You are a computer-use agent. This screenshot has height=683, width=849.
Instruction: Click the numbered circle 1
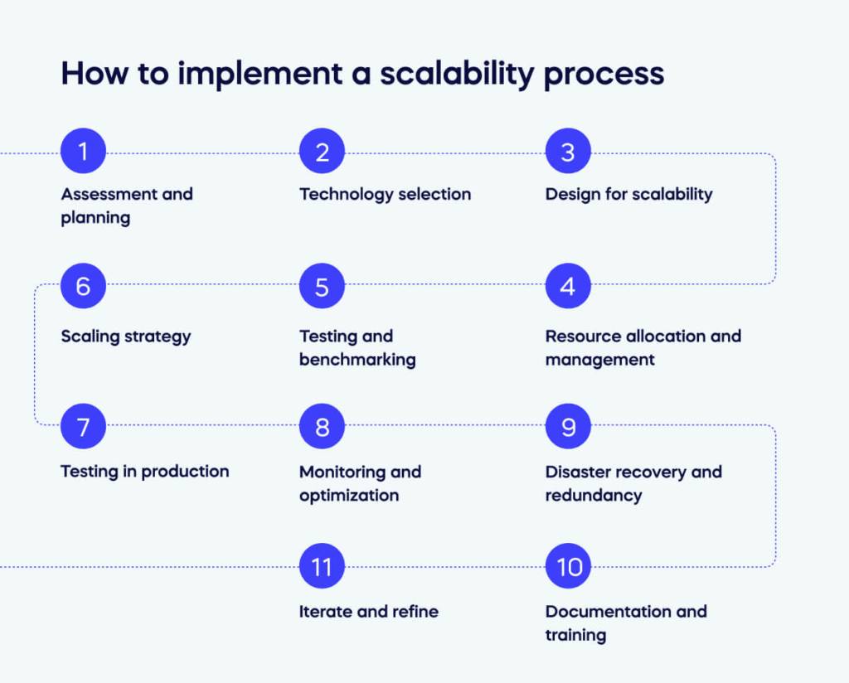click(x=83, y=153)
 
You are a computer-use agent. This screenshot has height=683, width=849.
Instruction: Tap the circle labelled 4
click(x=568, y=287)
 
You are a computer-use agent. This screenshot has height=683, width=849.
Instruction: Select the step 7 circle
click(x=83, y=428)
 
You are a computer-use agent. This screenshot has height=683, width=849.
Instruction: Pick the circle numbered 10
click(x=568, y=567)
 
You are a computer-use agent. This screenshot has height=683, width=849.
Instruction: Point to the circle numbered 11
click(x=322, y=567)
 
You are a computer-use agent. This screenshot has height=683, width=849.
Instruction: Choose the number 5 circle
click(x=322, y=287)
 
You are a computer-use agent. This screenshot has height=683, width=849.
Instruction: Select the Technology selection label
click(x=385, y=194)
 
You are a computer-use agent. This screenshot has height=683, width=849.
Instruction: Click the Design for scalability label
click(x=628, y=194)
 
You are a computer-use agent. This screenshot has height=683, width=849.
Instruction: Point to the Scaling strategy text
click(x=126, y=337)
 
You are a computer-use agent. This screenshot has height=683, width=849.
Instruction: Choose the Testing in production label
click(x=145, y=472)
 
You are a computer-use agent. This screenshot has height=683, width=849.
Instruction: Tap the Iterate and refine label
click(x=369, y=612)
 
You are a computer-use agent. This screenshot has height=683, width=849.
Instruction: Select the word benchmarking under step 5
click(x=357, y=360)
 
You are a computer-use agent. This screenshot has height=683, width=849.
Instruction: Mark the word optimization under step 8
click(x=349, y=496)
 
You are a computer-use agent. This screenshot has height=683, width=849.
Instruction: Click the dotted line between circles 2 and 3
click(x=444, y=153)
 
